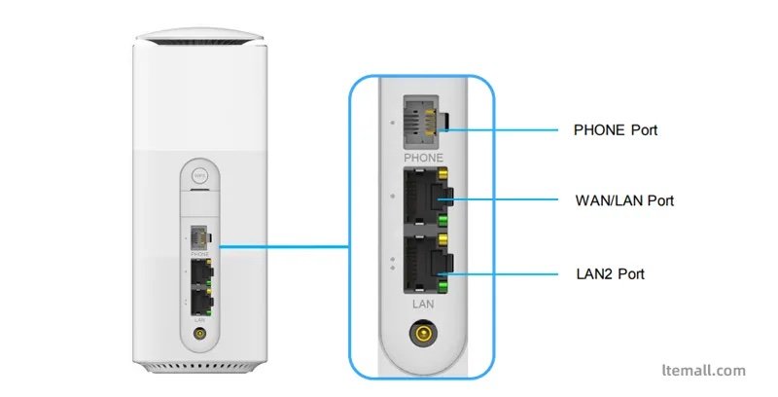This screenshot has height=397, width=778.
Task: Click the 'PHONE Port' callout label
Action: pyautogui.click(x=616, y=129)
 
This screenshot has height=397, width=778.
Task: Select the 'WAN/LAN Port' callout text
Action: pyautogui.click(x=624, y=200)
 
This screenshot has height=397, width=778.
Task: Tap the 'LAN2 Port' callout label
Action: pyautogui.click(x=610, y=274)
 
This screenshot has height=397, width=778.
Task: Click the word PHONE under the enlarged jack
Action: pyautogui.click(x=422, y=158)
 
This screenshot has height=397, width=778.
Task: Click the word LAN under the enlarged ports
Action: pyautogui.click(x=422, y=305)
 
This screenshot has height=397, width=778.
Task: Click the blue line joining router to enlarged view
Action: pyautogui.click(x=282, y=246)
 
